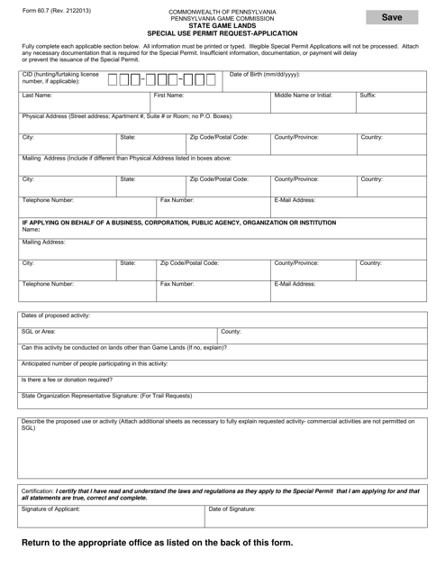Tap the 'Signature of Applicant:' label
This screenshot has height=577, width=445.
(51, 508)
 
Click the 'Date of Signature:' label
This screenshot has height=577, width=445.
(232, 508)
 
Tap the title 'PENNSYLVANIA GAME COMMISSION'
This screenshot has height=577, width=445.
(222, 18)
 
